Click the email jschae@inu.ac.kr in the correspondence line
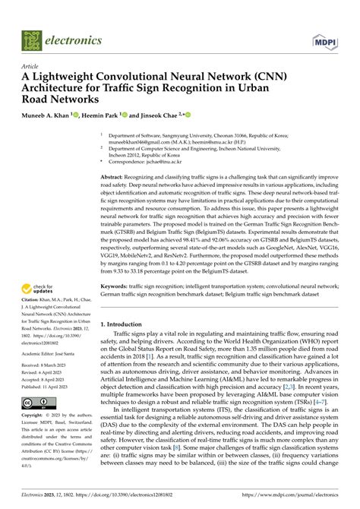tap(171, 161)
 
